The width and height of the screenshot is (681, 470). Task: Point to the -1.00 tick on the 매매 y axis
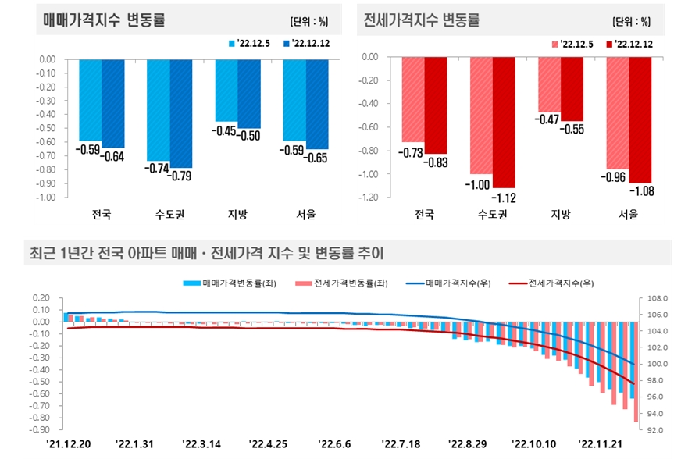45,198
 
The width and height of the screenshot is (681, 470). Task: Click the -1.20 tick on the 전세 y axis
368,198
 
